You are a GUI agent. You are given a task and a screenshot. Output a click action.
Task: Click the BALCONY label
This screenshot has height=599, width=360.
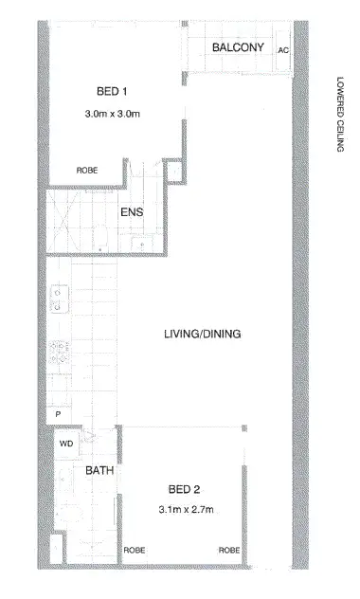pos(238,47)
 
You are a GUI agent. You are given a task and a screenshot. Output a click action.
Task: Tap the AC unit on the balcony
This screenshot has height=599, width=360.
pos(282,50)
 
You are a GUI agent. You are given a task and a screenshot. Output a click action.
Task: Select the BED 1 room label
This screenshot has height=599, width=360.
pos(112,91)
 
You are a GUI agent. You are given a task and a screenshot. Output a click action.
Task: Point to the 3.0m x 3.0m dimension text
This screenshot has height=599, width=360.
pos(112,115)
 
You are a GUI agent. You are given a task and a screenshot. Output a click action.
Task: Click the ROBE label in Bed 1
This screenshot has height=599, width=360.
pos(87,171)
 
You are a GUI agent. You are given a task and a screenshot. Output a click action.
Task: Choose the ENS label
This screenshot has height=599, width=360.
pos(131,212)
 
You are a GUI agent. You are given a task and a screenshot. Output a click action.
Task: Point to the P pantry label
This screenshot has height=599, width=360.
pos(58,414)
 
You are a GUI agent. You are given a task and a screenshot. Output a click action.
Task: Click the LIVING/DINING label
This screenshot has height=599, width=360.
pos(202,334)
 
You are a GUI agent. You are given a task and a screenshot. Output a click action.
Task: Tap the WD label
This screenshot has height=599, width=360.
pos(67,443)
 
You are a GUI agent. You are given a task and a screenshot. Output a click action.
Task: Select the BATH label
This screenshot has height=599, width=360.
pos(99,470)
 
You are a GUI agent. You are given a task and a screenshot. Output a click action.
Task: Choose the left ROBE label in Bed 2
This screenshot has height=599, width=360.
pos(133,550)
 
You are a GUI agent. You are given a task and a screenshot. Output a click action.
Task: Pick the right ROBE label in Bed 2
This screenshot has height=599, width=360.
pos(228,550)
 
